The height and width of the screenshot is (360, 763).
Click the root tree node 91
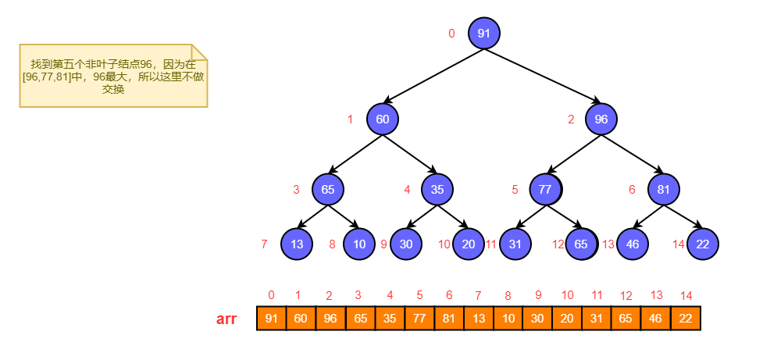(483, 34)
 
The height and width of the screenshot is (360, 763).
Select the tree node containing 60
(382, 119)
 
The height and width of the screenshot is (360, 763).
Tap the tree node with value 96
(601, 119)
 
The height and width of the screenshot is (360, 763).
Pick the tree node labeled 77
(546, 189)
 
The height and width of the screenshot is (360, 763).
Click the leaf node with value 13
(296, 244)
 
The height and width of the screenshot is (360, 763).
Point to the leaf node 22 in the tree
(702, 244)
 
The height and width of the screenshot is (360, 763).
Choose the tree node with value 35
(437, 189)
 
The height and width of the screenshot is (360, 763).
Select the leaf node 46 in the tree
(633, 244)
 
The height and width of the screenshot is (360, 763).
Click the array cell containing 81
(449, 319)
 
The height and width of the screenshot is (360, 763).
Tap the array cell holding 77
(419, 319)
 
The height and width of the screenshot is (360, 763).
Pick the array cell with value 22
(686, 319)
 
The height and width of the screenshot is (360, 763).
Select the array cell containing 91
(271, 319)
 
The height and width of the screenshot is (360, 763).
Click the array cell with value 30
(538, 319)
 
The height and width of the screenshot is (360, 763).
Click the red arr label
(226, 319)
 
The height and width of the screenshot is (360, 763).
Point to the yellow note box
(112, 76)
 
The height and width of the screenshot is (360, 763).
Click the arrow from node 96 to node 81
(633, 155)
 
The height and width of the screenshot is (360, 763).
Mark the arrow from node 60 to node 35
(409, 155)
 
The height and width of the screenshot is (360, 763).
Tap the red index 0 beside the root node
(451, 34)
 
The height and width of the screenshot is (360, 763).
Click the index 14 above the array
(686, 295)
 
